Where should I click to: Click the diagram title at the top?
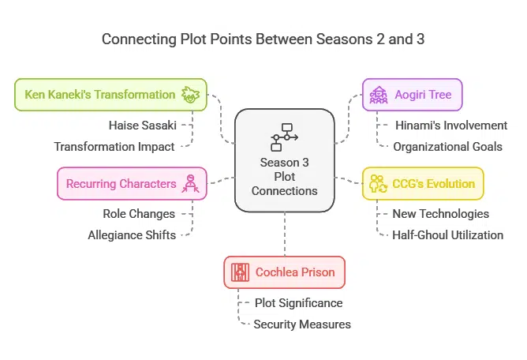pyautogui.click(x=263, y=39)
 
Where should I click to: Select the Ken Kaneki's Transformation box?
pyautogui.click(x=110, y=95)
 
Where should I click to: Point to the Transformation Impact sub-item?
pyautogui.click(x=114, y=146)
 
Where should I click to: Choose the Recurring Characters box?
pyautogui.click(x=131, y=183)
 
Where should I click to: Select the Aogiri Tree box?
pyautogui.click(x=412, y=95)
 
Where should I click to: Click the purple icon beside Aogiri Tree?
pyautogui.click(x=376, y=95)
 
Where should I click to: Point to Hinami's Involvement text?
pyautogui.click(x=450, y=125)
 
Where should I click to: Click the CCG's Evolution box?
pyautogui.click(x=422, y=183)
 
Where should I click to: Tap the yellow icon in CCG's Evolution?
pyautogui.click(x=377, y=184)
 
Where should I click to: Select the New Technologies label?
pyautogui.click(x=440, y=213)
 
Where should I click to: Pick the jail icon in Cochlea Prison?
pyautogui.click(x=240, y=272)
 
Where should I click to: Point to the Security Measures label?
pyautogui.click(x=301, y=324)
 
